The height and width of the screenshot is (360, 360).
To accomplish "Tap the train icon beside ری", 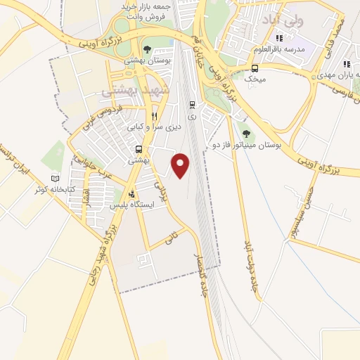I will tap(191, 105).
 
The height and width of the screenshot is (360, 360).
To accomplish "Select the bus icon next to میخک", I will tap(254, 68).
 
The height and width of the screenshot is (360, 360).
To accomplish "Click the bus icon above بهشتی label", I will tap(139, 150).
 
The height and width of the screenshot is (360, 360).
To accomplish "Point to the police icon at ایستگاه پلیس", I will tap(131, 194).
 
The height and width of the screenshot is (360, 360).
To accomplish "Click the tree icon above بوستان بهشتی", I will tap(146, 49).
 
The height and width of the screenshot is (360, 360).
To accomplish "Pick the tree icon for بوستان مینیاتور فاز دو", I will tap(245, 133).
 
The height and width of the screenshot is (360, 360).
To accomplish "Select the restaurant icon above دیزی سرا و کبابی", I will tap(154, 117).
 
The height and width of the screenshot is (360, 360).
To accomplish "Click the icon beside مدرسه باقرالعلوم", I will tap(279, 38).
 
